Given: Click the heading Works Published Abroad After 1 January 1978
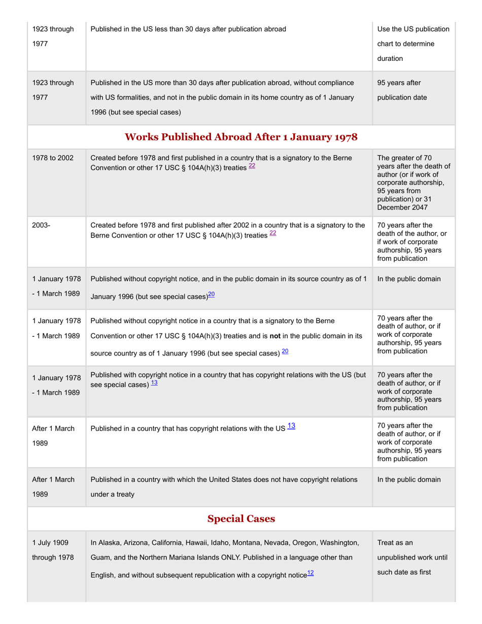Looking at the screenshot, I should [x=241, y=137].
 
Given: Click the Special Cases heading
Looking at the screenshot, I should [x=241, y=518].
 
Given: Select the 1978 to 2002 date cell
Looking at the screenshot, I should [x=53, y=158].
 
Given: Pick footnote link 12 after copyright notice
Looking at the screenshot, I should [x=311, y=573].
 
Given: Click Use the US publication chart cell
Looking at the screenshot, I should [x=413, y=44].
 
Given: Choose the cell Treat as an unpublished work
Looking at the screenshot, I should [x=412, y=557].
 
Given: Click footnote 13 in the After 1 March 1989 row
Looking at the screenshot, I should [x=291, y=427].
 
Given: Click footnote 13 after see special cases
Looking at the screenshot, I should [x=154, y=383].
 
